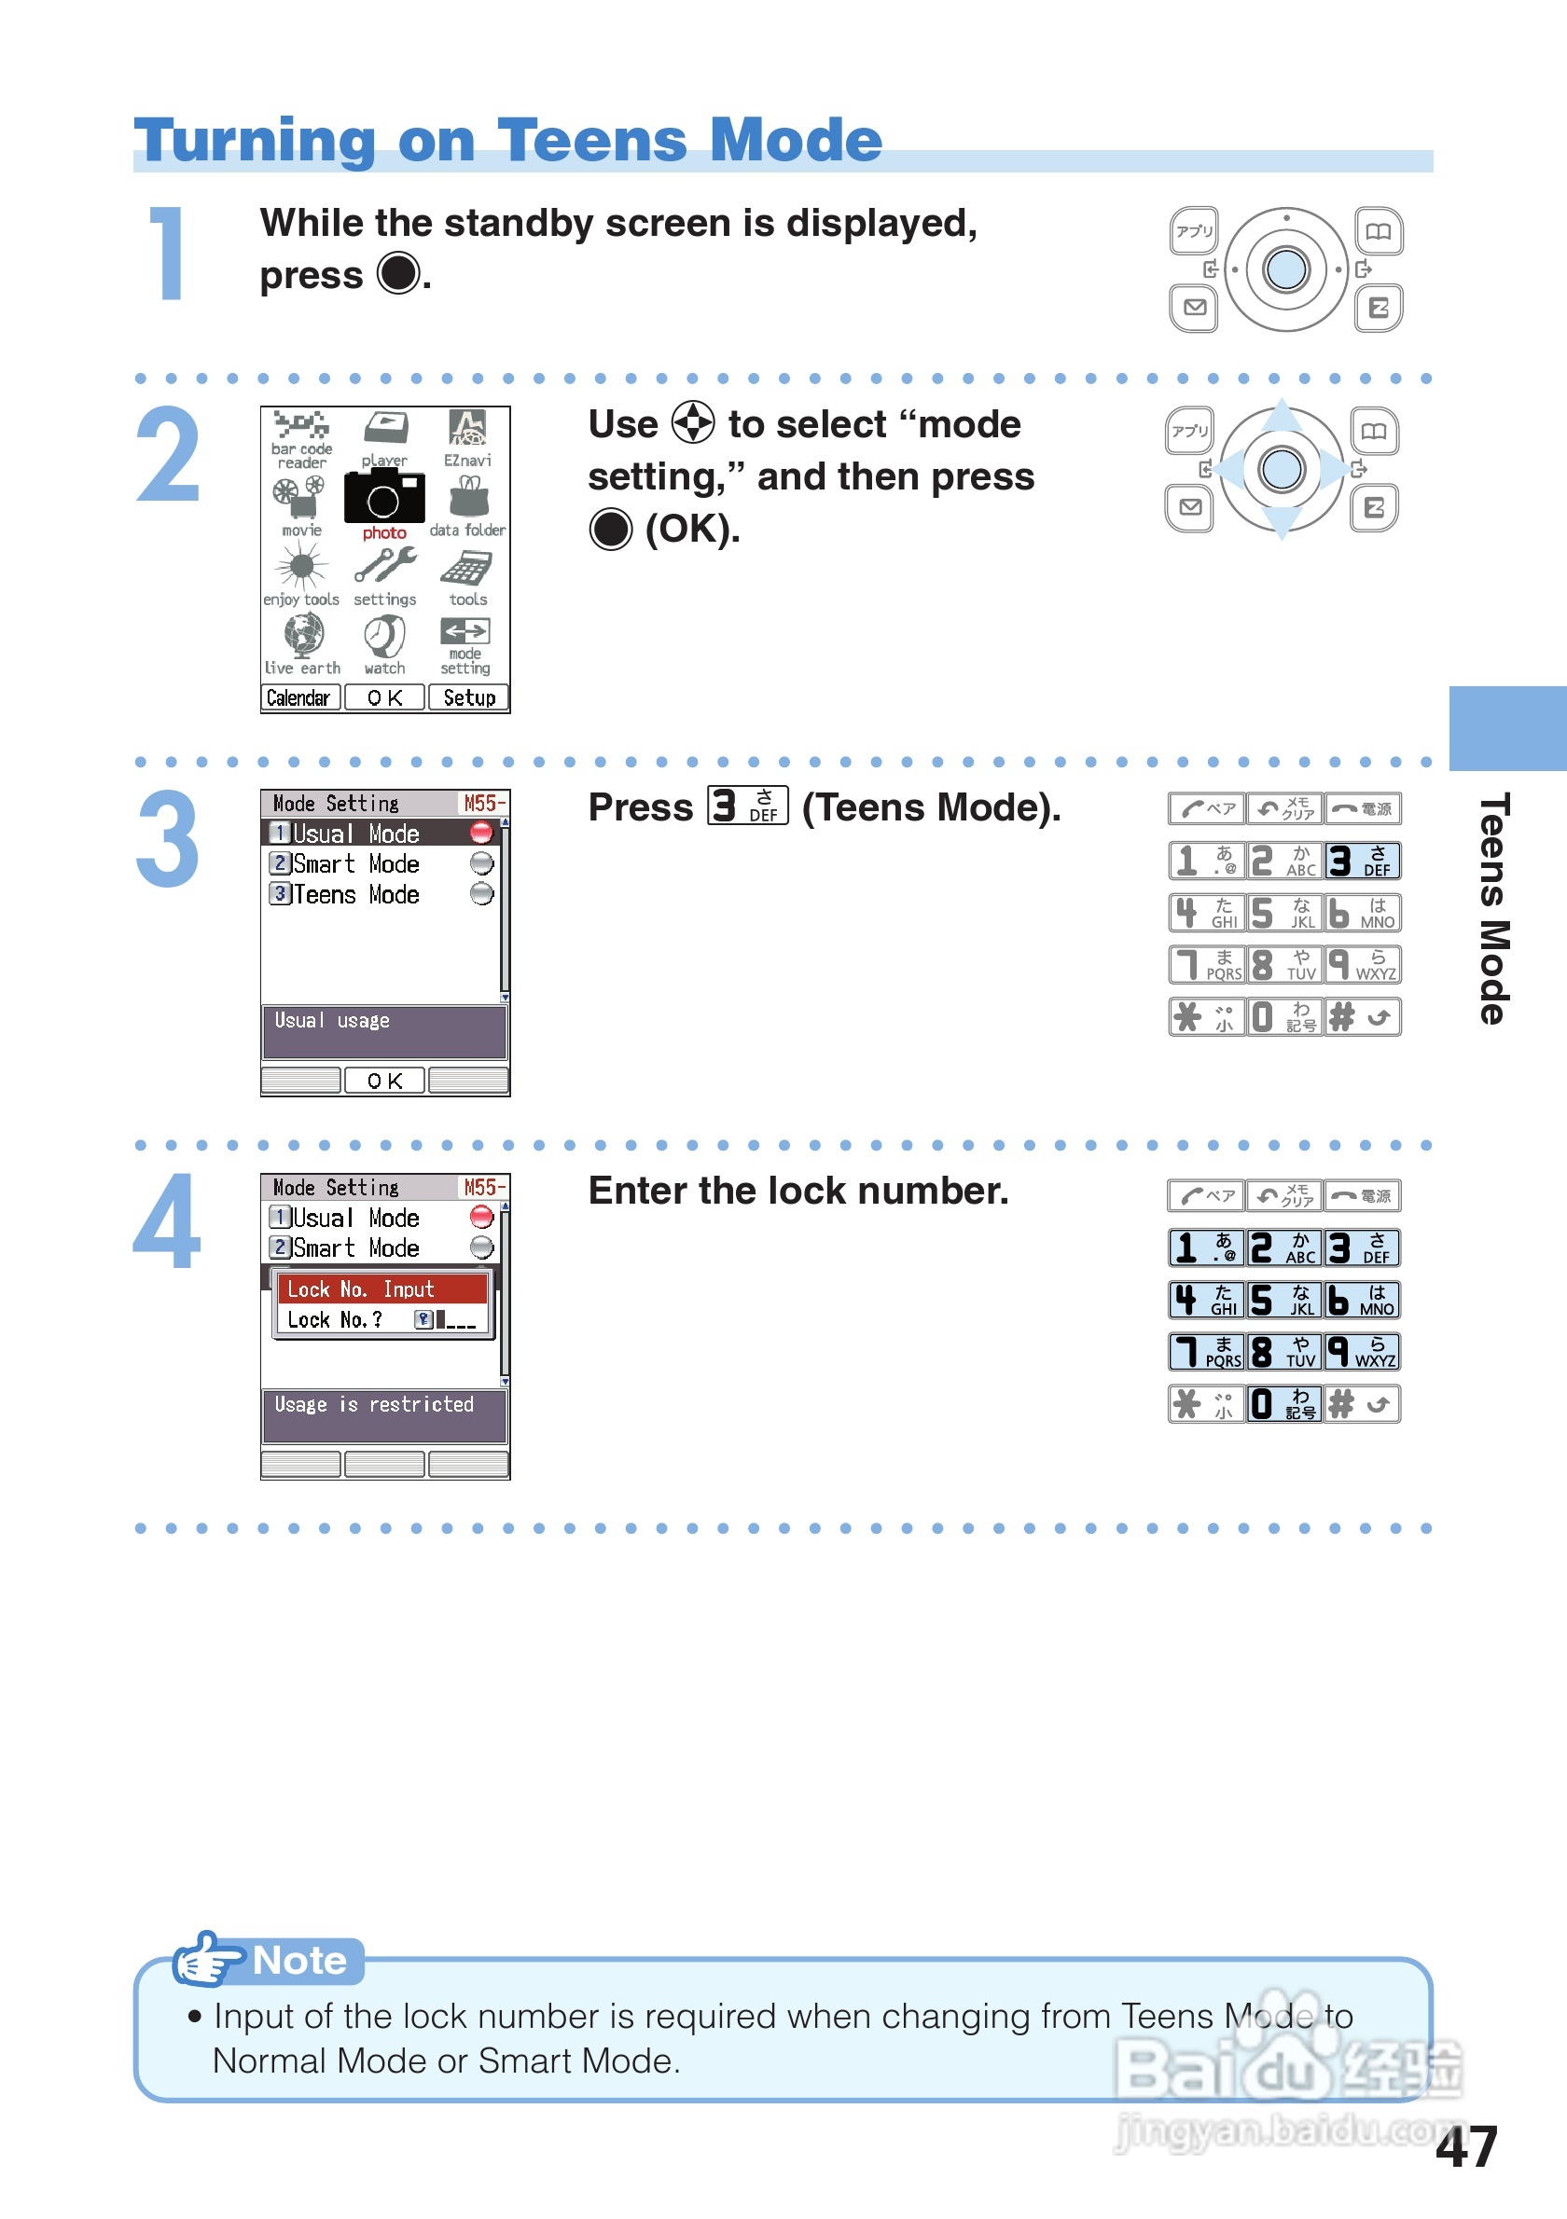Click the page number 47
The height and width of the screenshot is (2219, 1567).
click(x=1465, y=2146)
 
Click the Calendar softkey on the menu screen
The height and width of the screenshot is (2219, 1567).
click(x=299, y=697)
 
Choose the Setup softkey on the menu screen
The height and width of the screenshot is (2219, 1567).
click(x=469, y=697)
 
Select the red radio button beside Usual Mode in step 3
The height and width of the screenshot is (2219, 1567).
click(x=480, y=832)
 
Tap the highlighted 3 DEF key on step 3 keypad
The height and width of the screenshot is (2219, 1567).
click(x=1361, y=861)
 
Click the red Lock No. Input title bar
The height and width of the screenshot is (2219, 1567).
click(x=381, y=1289)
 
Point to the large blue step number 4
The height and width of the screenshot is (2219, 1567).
click(x=167, y=1221)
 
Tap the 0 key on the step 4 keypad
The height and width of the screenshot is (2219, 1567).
click(x=1283, y=1403)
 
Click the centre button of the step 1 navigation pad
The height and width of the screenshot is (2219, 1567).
click(x=1284, y=269)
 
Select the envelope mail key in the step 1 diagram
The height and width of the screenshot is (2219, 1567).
click(x=1195, y=308)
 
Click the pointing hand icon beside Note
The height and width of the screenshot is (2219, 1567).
click(x=205, y=1960)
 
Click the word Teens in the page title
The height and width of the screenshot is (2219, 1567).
click(x=591, y=140)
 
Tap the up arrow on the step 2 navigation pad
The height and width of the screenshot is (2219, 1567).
click(x=1282, y=417)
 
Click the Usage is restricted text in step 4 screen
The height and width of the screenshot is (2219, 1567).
click(x=374, y=1404)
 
